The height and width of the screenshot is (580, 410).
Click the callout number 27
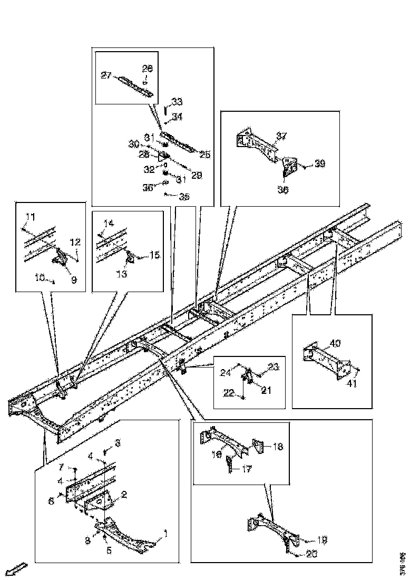pos(106,75)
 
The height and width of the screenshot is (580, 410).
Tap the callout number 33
pos(177,101)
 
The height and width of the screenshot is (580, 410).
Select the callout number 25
pos(204,154)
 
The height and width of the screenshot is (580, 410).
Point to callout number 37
pos(281,136)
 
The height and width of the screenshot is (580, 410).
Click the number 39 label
pos(320,164)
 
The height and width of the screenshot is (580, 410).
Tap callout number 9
pos(73,281)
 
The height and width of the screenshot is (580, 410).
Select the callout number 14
pos(108,223)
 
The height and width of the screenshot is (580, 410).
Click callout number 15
pos(154,255)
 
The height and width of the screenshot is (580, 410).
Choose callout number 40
pos(335,343)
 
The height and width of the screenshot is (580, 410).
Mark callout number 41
pos(352,383)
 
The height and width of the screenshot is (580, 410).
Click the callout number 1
pos(166,534)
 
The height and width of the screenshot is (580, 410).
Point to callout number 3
pos(118,443)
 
